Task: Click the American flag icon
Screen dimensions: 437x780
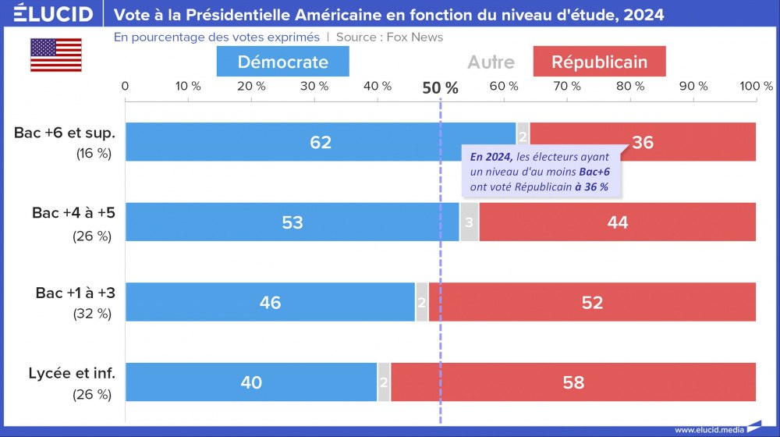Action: pos(55,55)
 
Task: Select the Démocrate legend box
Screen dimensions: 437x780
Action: pos(282,62)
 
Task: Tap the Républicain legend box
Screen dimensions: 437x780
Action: pos(599,62)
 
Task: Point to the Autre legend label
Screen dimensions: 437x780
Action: pos(491,62)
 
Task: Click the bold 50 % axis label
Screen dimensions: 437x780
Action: pos(441,87)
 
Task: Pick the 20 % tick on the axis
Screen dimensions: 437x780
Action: pos(251,86)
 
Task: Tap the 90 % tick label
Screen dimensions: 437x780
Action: pos(693,86)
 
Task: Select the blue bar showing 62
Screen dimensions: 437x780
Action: pos(320,142)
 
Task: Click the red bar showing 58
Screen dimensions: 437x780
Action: pos(573,382)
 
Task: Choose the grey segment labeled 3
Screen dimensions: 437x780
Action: pos(469,222)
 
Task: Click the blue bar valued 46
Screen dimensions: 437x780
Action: pos(270,302)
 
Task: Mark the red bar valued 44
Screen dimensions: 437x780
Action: pos(617,222)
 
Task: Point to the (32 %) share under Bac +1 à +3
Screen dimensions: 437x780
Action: pos(93,314)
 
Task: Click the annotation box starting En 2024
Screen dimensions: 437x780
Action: pos(539,172)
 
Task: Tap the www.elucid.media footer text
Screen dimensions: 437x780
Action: pos(707,429)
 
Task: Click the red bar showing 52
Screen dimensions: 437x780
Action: pos(592,302)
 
